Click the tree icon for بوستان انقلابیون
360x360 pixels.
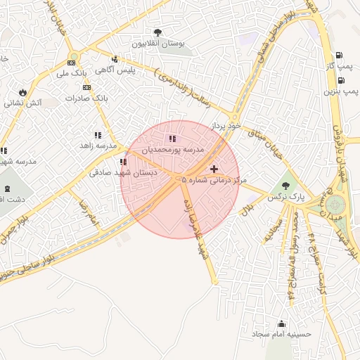point(157,32)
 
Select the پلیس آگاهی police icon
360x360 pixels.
point(115,59)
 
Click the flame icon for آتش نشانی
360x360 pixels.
point(23,92)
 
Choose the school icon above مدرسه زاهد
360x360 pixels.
point(97,135)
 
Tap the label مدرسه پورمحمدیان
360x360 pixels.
point(173,150)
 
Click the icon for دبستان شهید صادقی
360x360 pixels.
point(123,162)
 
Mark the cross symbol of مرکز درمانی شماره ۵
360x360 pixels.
point(214,168)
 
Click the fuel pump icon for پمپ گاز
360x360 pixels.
point(340,55)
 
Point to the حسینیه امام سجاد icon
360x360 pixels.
point(282,323)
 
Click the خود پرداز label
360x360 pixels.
point(227,125)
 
